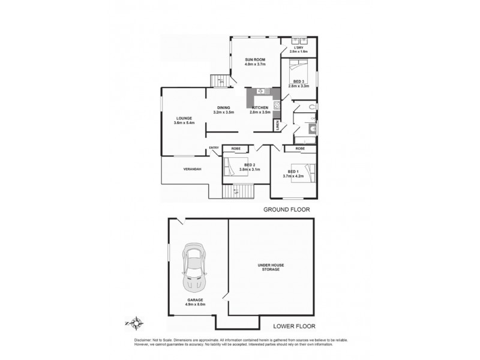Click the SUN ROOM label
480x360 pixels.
256,60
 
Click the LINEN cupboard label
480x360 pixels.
277,126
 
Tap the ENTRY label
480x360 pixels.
214,148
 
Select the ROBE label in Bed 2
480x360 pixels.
236,148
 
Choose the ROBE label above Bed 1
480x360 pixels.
299,148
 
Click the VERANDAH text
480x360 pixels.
192,169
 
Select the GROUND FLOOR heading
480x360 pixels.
284,210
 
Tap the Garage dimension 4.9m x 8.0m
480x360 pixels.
195,304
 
